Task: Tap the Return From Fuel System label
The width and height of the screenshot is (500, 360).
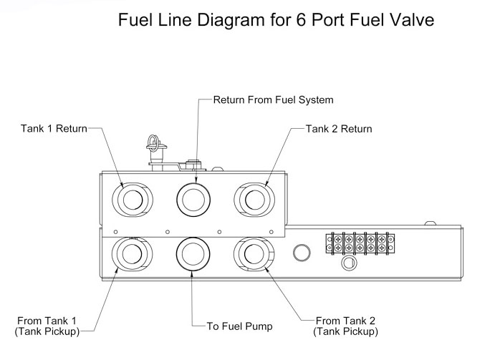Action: (x=273, y=99)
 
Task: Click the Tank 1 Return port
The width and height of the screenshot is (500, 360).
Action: (x=131, y=196)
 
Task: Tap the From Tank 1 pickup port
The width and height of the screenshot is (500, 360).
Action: (x=131, y=253)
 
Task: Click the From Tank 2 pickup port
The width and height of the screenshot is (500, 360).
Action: (x=252, y=253)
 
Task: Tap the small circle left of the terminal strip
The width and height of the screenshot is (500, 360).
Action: (x=302, y=252)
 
